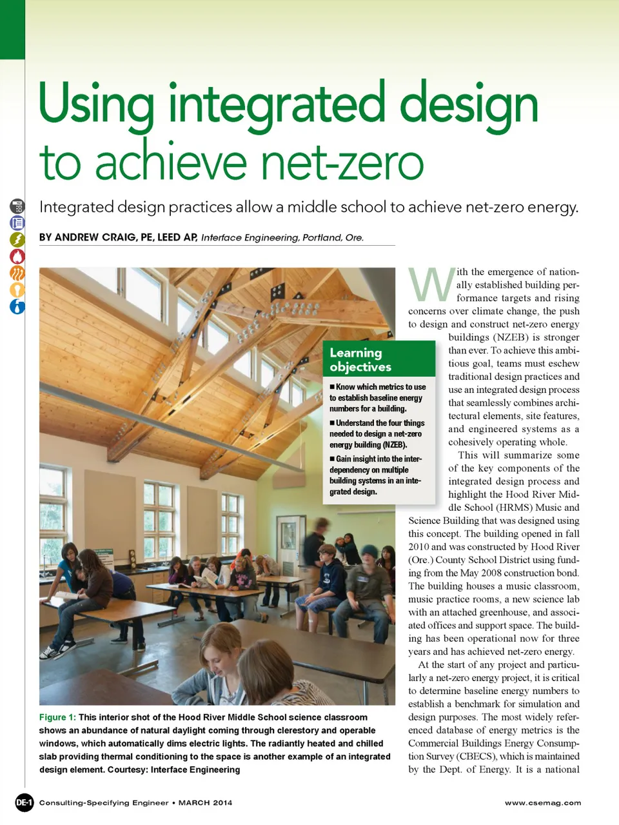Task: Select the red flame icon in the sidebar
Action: pyautogui.click(x=17, y=256)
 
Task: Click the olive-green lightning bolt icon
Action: pyautogui.click(x=17, y=239)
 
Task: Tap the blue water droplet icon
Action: pyautogui.click(x=17, y=306)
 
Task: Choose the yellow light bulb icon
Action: pyautogui.click(x=17, y=290)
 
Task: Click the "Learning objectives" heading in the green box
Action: pyautogui.click(x=360, y=359)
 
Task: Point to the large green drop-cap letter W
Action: pyautogui.click(x=431, y=284)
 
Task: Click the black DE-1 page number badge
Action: pyautogui.click(x=24, y=802)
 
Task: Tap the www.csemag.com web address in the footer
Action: pyautogui.click(x=543, y=803)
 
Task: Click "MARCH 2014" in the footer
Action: pyautogui.click(x=205, y=803)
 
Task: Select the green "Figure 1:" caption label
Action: pyautogui.click(x=57, y=717)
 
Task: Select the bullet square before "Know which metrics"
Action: pyautogui.click(x=332, y=387)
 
